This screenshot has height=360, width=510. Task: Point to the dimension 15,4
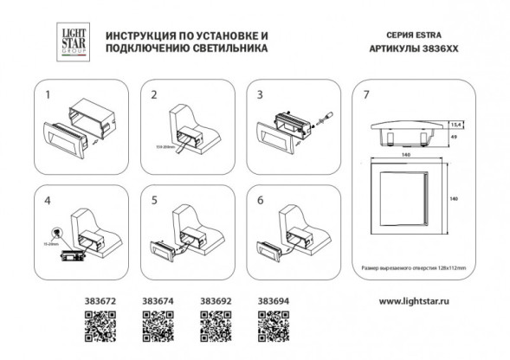pyautogui.click(x=455, y=125)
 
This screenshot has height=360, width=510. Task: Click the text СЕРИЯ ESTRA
pyautogui.click(x=391, y=35)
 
